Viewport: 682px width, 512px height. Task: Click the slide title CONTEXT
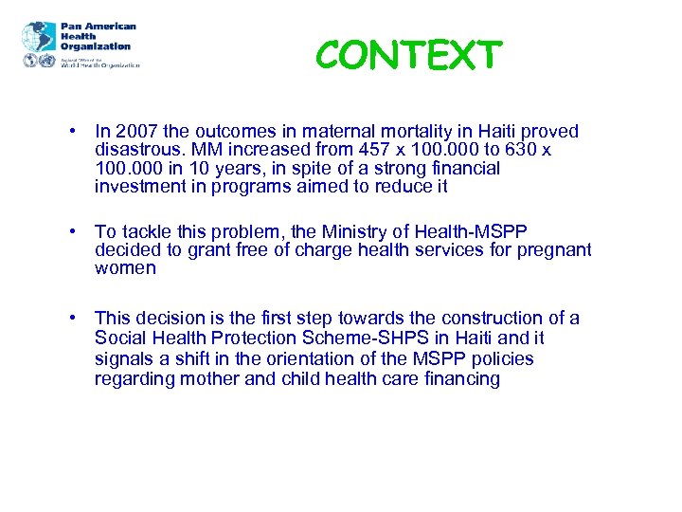407,56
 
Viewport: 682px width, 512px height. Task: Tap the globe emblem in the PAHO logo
38,37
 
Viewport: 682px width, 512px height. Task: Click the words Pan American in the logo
99,27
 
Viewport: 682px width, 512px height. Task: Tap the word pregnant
554,249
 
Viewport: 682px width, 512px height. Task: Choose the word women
125,268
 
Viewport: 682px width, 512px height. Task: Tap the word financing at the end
454,378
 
